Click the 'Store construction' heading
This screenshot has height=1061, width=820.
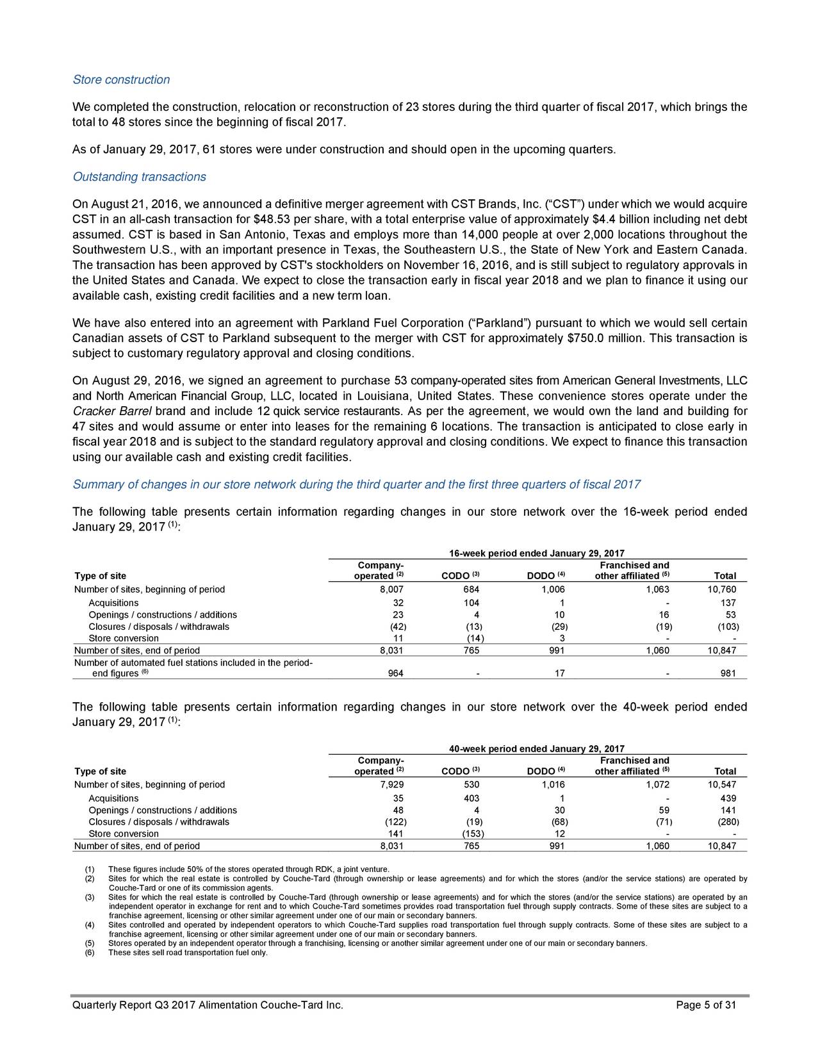pyautogui.click(x=121, y=80)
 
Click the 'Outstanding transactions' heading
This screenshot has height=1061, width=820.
pyautogui.click(x=139, y=177)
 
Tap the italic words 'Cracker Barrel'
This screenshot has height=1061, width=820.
pyautogui.click(x=112, y=411)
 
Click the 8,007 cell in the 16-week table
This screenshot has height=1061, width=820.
pyautogui.click(x=391, y=589)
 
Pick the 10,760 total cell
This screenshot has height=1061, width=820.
pyautogui.click(x=722, y=589)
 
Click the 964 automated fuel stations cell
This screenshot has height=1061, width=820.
pyautogui.click(x=395, y=673)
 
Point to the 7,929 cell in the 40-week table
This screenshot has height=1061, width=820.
pyautogui.click(x=391, y=785)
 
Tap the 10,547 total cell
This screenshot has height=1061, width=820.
pyautogui.click(x=722, y=785)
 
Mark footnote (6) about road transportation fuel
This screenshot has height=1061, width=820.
pyautogui.click(x=188, y=953)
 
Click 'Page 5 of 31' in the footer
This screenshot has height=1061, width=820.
pyautogui.click(x=706, y=1005)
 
